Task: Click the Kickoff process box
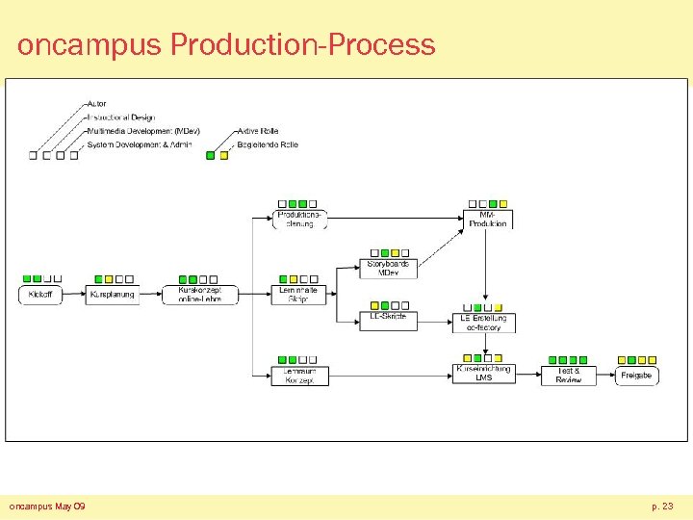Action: [40, 294]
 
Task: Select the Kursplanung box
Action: [112, 294]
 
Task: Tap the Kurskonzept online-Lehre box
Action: [200, 295]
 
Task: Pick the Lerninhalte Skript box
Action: [298, 295]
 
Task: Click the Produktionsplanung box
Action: [300, 219]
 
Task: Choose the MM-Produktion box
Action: [488, 219]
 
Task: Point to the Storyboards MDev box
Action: [388, 268]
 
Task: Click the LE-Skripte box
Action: [388, 318]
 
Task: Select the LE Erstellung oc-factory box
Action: [484, 322]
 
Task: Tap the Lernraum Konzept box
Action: [298, 376]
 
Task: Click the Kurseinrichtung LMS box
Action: [484, 373]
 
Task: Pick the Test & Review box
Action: [568, 375]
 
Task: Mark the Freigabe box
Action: [636, 375]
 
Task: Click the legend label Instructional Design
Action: [120, 117]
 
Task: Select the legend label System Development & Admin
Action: [140, 144]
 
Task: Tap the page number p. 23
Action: [661, 506]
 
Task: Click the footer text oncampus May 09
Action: [47, 506]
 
